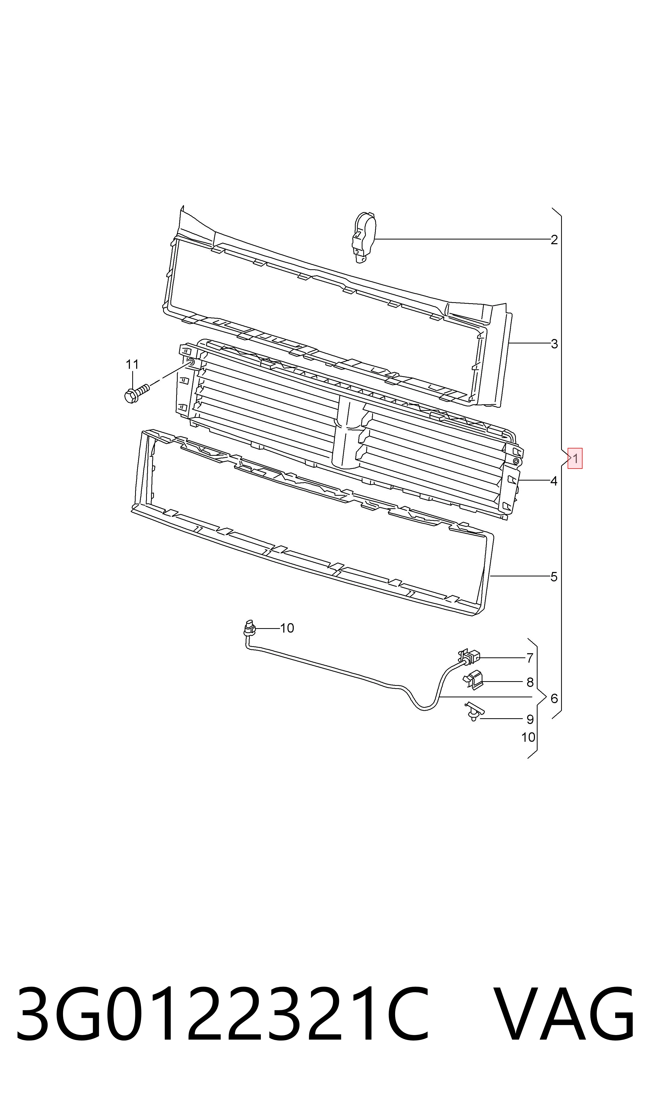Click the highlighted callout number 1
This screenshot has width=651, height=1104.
pyautogui.click(x=575, y=458)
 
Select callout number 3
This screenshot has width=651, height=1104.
pyautogui.click(x=554, y=344)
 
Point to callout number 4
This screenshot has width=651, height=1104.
pyautogui.click(x=554, y=481)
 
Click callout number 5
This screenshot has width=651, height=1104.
pyautogui.click(x=554, y=577)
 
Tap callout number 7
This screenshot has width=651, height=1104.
pyautogui.click(x=530, y=658)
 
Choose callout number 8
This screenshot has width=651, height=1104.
pyautogui.click(x=530, y=682)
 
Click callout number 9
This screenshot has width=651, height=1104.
pyautogui.click(x=530, y=719)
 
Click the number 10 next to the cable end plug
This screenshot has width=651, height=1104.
pyautogui.click(x=287, y=628)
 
